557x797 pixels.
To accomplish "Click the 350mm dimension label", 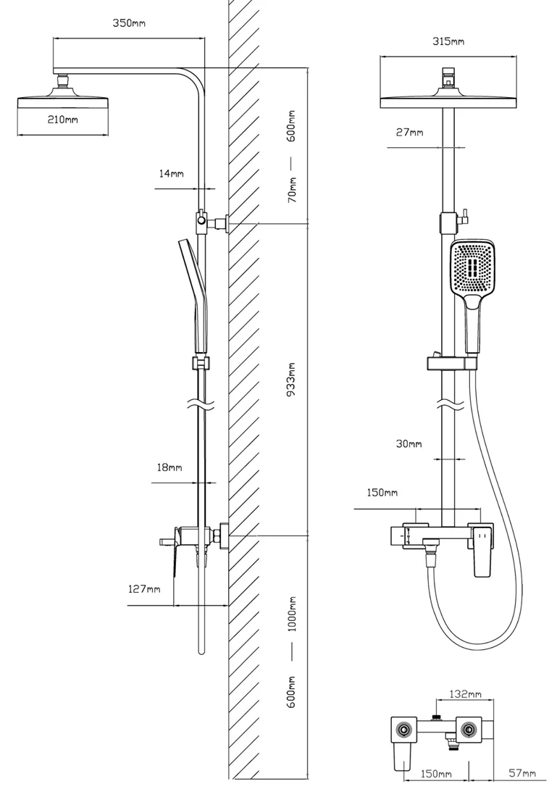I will [129, 23].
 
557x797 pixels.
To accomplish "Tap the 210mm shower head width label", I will [63, 120].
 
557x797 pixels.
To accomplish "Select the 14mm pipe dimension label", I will [172, 174].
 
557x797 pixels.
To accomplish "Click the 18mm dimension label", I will [170, 468].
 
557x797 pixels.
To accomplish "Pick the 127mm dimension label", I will [144, 589].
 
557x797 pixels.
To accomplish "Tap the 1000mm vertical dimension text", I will [292, 614].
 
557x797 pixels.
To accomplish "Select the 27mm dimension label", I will [410, 133].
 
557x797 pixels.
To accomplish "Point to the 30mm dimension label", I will [409, 443].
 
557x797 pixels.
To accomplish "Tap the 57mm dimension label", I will [522, 775].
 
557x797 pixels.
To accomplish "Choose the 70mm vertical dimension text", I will [292, 190].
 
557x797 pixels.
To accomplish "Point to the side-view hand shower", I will [193, 297].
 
